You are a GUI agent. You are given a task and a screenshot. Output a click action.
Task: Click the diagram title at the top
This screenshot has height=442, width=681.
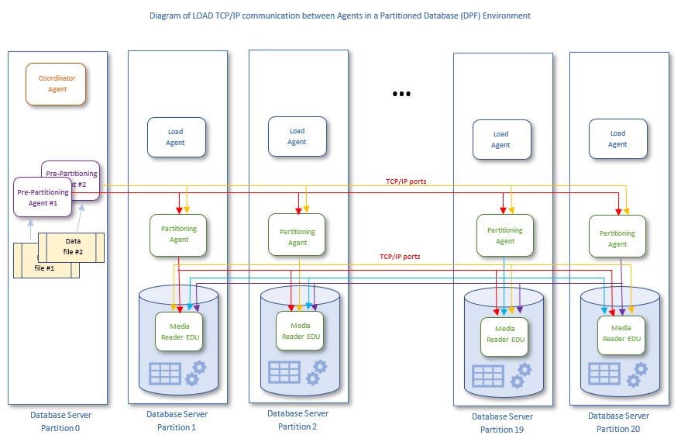click(340, 16)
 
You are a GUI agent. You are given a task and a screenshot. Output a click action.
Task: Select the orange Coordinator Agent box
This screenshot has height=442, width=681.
click(57, 84)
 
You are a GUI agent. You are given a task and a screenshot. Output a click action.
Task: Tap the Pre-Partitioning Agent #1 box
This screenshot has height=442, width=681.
click(43, 196)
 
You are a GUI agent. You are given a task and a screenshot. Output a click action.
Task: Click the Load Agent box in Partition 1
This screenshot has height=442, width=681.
click(176, 137)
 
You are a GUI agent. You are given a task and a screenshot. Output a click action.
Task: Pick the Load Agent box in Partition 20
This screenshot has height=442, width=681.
click(617, 139)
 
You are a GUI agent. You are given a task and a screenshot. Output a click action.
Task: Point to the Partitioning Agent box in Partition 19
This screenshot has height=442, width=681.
click(505, 235)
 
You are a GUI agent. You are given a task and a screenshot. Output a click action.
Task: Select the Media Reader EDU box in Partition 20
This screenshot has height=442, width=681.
click(621, 333)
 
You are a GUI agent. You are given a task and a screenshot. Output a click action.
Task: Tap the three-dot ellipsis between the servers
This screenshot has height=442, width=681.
click(401, 94)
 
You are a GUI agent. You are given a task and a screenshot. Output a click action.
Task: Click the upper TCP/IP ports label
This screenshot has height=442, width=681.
click(406, 181)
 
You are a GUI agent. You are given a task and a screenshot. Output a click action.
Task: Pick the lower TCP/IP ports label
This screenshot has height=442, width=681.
click(400, 256)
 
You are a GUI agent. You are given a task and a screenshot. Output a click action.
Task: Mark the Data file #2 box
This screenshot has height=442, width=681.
click(71, 246)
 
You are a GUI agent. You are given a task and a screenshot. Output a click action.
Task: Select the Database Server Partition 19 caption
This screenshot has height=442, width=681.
click(502, 423)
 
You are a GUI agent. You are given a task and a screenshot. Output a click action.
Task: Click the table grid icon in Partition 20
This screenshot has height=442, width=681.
click(604, 374)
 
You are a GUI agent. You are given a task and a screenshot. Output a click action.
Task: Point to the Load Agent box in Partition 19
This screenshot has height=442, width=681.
click(501, 140)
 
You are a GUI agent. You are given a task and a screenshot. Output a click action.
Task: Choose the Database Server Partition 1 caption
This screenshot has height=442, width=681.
click(177, 420)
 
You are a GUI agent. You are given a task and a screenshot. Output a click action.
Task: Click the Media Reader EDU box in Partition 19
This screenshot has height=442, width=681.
click(505, 334)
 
